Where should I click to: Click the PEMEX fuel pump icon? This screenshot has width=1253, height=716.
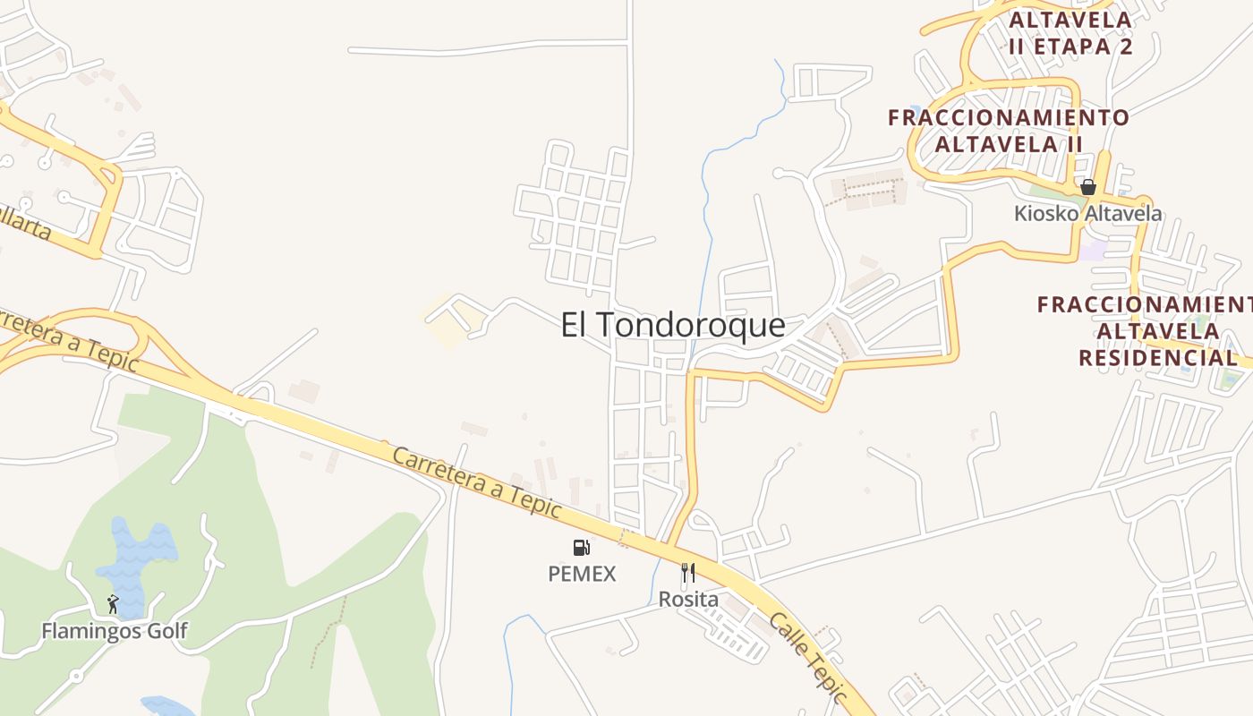click(582, 547)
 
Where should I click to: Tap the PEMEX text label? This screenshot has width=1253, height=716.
click(582, 574)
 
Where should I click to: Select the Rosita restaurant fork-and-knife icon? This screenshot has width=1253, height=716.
click(688, 573)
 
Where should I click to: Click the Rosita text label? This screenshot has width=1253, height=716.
click(688, 600)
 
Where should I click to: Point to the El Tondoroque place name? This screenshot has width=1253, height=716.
click(673, 325)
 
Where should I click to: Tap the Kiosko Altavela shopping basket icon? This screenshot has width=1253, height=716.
click(1088, 187)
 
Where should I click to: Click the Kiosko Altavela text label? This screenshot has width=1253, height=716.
click(1087, 213)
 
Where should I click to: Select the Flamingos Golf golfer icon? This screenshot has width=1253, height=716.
click(113, 604)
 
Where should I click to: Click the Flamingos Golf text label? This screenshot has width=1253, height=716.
click(115, 631)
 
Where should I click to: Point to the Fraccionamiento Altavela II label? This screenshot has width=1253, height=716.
click(1009, 131)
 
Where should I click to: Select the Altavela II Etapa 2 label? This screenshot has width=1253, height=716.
click(1070, 33)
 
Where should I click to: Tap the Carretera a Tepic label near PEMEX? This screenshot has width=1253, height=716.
click(477, 482)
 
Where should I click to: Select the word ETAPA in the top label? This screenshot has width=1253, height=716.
click(1070, 47)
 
